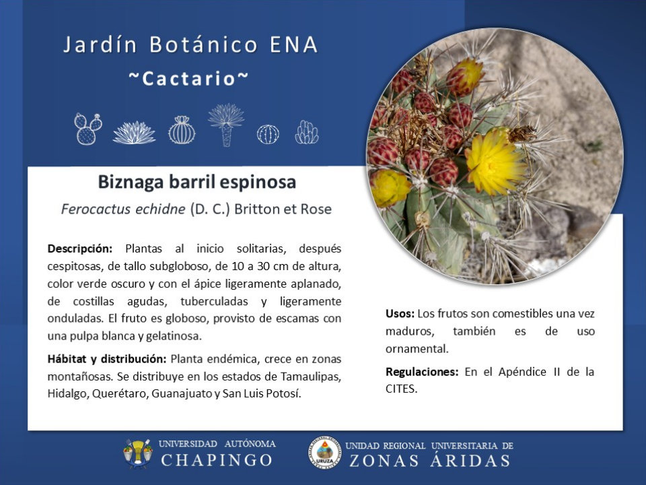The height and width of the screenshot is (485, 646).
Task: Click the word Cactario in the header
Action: pos(188,78)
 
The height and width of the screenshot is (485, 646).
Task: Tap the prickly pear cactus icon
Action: pos(87,129)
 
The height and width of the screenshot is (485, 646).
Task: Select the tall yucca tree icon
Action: pos(226,125)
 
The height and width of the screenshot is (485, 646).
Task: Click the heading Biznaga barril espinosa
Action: pos(197,182)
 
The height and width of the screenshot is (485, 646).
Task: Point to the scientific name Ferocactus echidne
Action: pos(123,209)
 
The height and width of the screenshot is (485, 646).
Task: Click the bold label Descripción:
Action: pos(80,249)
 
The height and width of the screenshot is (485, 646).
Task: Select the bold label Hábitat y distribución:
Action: pos(107,359)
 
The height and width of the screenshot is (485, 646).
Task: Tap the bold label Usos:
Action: pos(400,313)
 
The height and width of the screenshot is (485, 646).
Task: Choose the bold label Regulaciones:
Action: pos(422,372)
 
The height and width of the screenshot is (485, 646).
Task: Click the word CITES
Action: pos(401,389)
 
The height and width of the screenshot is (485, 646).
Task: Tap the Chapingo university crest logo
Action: pos(137,453)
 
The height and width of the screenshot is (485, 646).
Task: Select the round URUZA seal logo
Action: pos(325,453)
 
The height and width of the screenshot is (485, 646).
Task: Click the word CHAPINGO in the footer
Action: pos(217,460)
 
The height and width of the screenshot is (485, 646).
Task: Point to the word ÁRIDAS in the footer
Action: pos(470,460)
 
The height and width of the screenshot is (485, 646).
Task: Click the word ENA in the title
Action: pos(294,44)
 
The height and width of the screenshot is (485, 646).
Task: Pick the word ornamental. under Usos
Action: pos(417,349)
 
